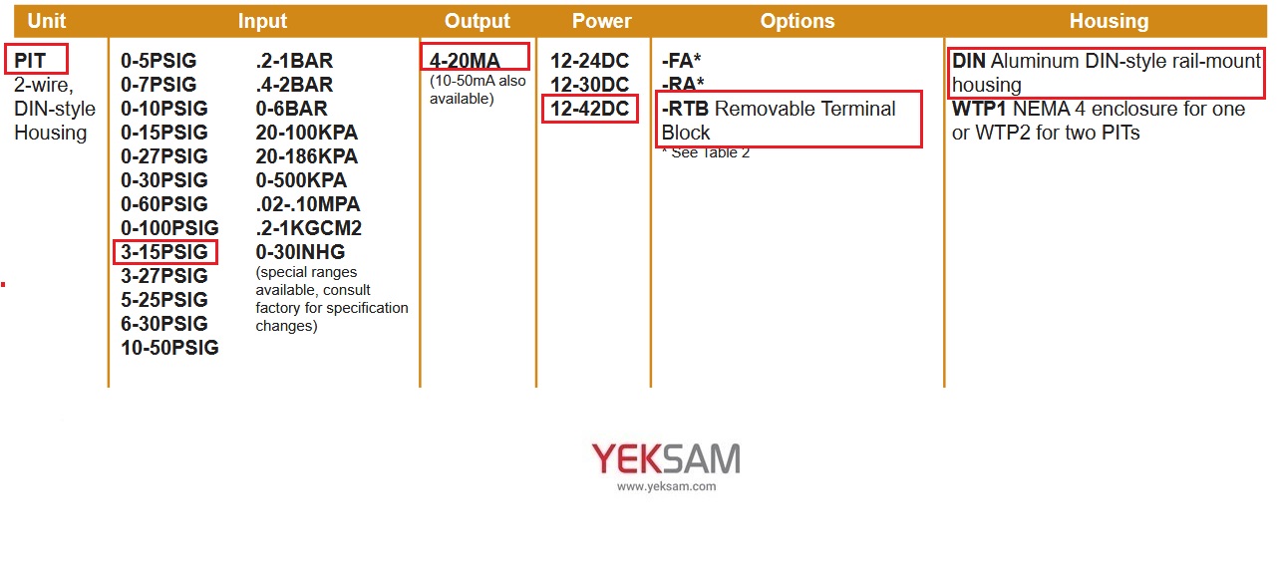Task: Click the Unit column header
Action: [47, 21]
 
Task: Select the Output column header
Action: [477, 21]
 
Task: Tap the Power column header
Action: [602, 21]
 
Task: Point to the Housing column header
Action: [1109, 21]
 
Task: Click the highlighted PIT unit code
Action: [30, 61]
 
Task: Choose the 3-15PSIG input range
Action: [164, 252]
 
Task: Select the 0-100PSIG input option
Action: [169, 227]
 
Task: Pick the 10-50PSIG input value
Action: [169, 348]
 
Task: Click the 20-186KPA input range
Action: [306, 155]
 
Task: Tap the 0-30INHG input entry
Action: [300, 252]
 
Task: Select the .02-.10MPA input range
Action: [307, 203]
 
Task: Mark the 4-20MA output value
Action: [465, 61]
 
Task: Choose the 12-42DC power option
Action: [589, 109]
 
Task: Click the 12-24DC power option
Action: [589, 61]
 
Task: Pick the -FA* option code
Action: [681, 61]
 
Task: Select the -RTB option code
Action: [685, 109]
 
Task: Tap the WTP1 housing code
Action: [979, 109]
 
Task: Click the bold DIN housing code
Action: [969, 61]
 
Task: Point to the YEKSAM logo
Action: [666, 459]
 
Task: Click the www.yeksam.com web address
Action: [666, 486]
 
